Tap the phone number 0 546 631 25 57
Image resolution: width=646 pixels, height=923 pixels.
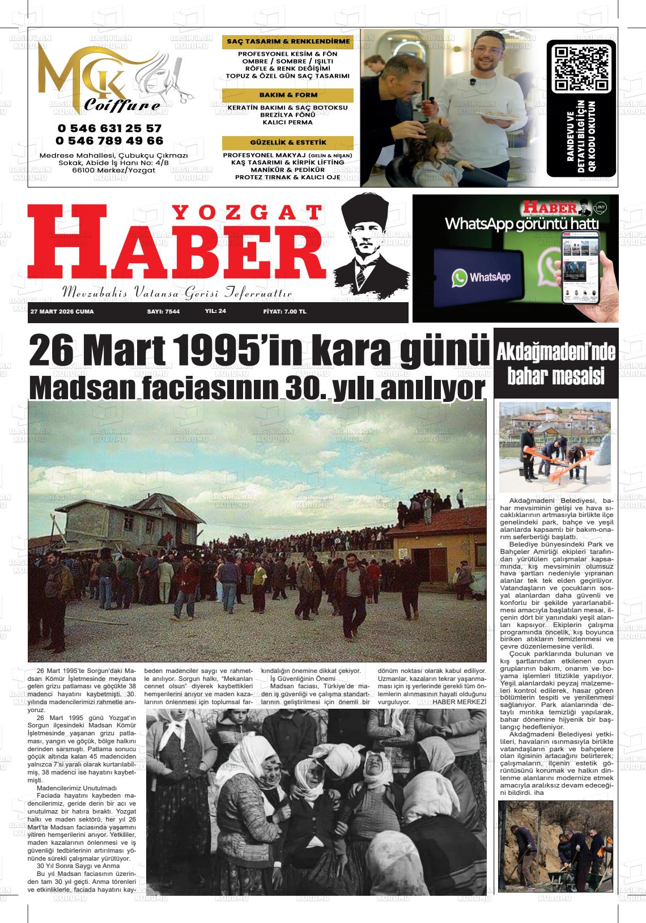(x=109, y=129)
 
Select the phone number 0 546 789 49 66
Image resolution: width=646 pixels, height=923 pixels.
(x=109, y=141)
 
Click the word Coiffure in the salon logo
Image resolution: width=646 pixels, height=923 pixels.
(x=122, y=105)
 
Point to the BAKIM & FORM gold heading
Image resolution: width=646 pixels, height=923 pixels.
(x=288, y=95)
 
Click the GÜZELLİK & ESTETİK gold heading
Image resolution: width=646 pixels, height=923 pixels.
(x=288, y=142)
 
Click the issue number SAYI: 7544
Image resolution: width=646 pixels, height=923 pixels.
(x=163, y=312)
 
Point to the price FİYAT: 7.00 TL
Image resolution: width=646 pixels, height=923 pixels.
(x=284, y=312)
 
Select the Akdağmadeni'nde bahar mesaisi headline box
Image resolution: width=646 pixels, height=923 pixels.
(x=556, y=363)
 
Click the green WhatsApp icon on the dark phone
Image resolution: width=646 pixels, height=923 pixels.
(x=460, y=277)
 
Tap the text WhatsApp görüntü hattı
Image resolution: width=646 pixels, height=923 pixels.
(x=521, y=223)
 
